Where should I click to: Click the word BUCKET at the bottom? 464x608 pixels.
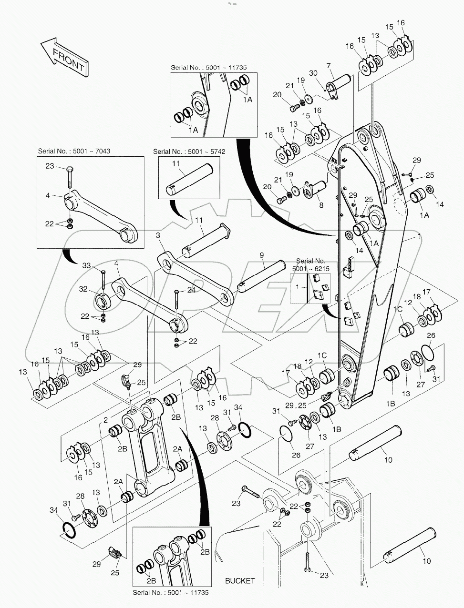coord(240,581)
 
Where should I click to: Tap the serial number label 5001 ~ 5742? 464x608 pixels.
coord(189,152)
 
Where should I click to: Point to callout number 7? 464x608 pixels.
coord(329,65)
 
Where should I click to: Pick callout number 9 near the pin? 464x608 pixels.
coord(262,256)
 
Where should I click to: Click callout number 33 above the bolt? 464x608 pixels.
coord(86,265)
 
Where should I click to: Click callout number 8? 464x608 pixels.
coord(320,205)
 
